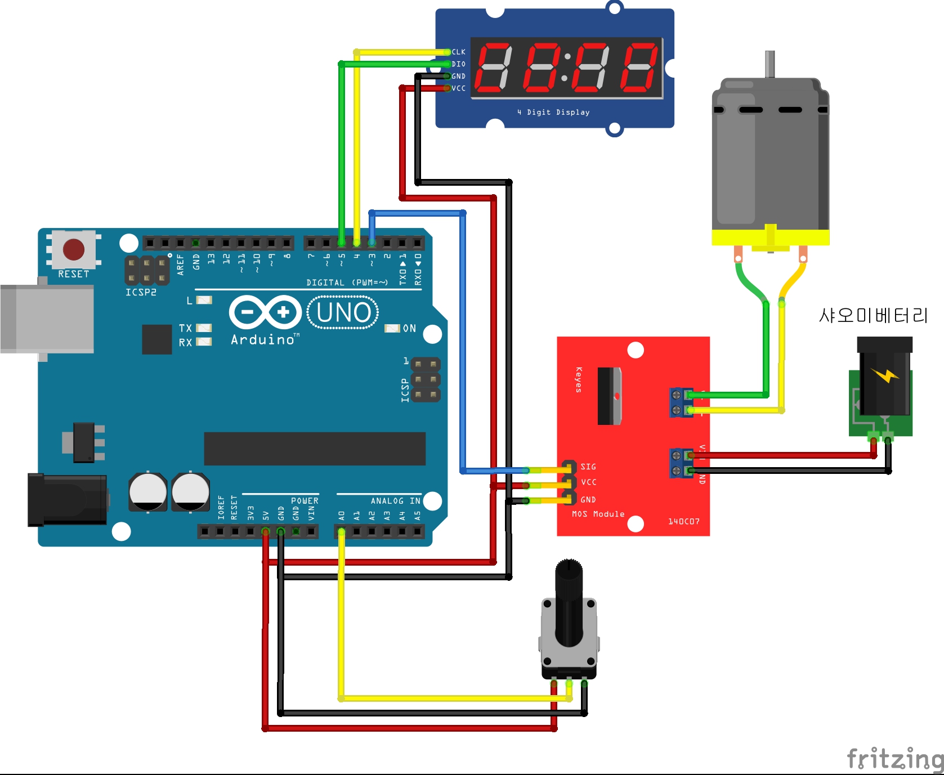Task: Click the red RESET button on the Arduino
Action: (74, 249)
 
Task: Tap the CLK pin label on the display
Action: (458, 52)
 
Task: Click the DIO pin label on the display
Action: (458, 64)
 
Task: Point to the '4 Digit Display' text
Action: (553, 112)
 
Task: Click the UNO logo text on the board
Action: (343, 313)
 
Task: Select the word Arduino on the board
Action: (263, 339)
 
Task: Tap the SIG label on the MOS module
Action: (588, 467)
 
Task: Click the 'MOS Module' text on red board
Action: (598, 514)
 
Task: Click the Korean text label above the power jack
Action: (873, 316)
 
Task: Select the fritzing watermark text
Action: (895, 759)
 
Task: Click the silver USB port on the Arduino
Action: (47, 319)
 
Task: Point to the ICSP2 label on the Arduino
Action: (141, 292)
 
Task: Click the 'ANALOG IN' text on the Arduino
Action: (395, 501)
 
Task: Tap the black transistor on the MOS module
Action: (609, 396)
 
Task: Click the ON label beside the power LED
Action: (409, 328)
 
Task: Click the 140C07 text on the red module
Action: (683, 522)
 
